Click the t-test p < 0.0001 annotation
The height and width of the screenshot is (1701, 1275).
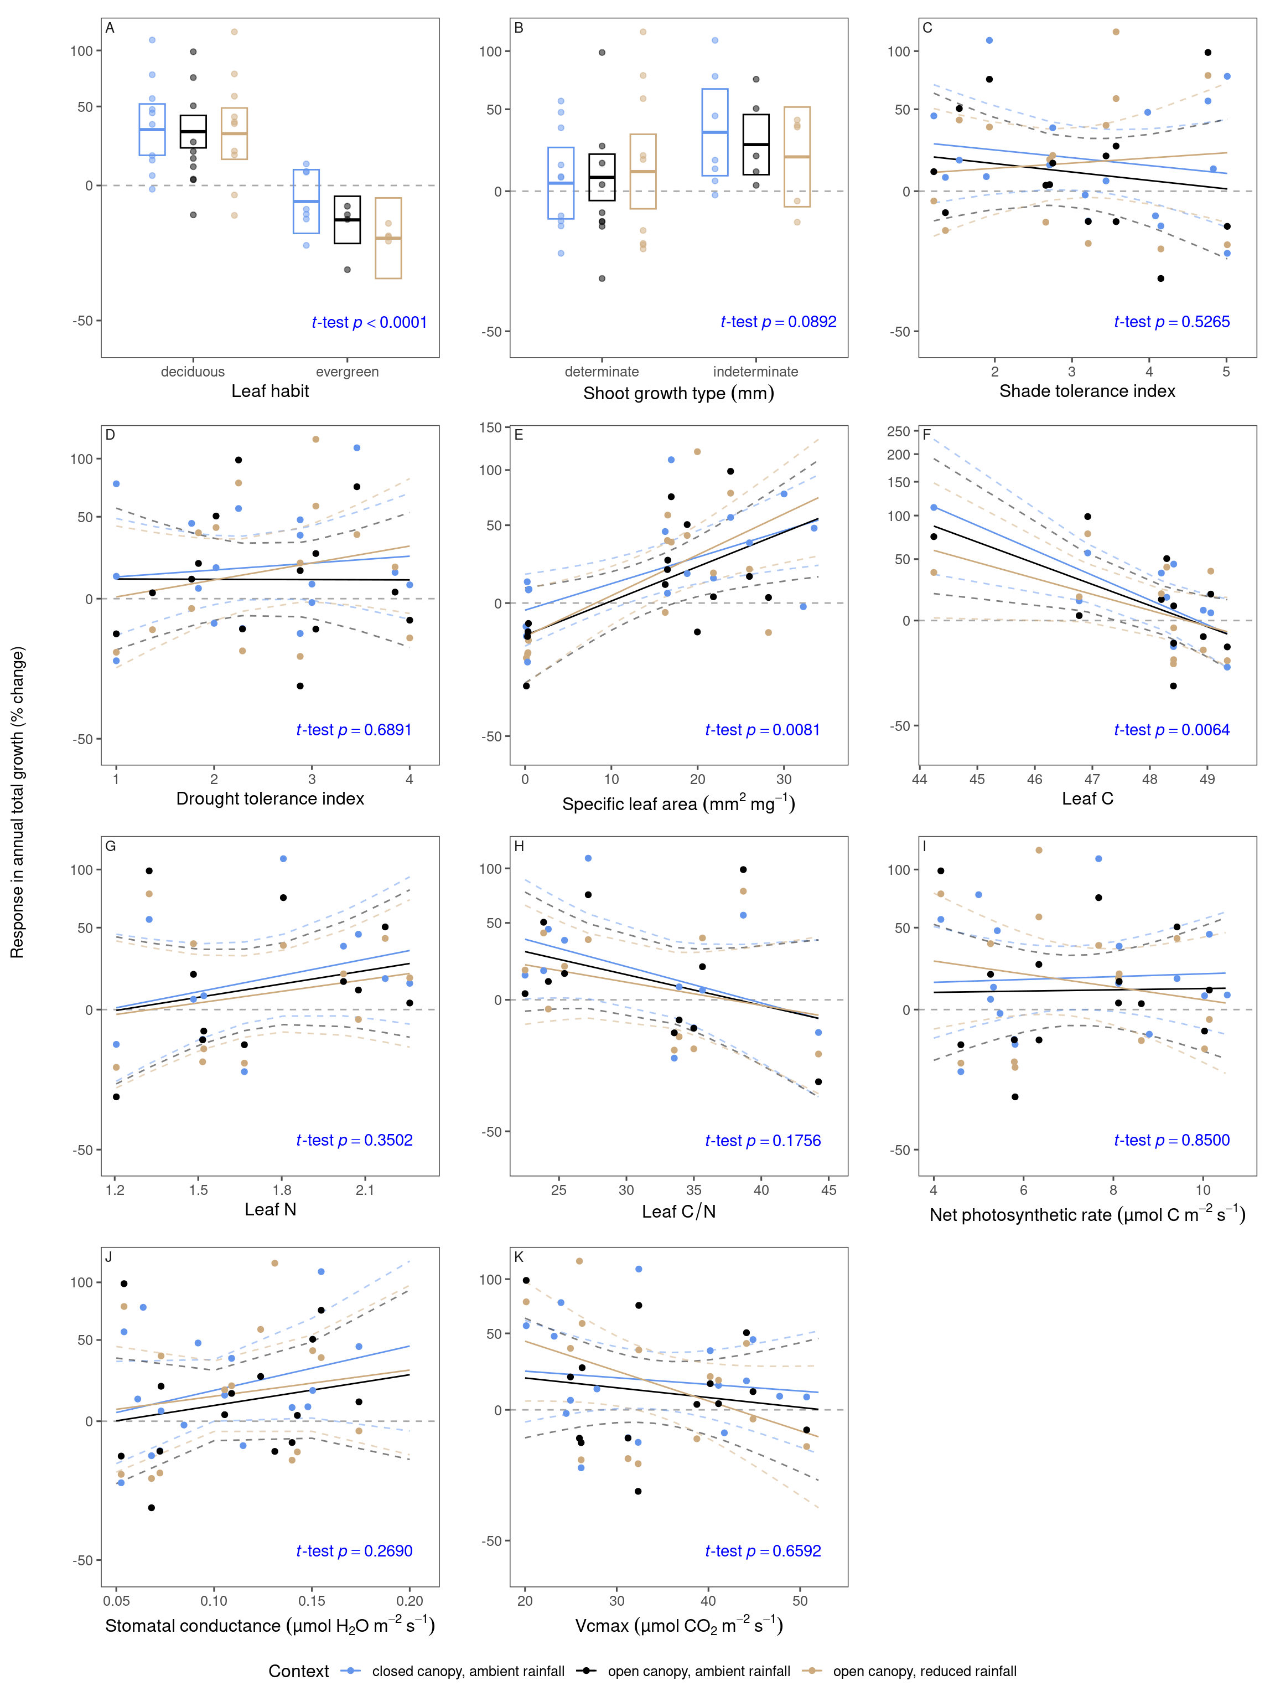(369, 322)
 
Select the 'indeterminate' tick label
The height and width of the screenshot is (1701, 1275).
(755, 372)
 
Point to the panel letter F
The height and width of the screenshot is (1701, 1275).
(926, 435)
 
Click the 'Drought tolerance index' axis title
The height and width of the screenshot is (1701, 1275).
(269, 798)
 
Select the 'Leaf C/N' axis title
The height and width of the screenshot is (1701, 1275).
(678, 1212)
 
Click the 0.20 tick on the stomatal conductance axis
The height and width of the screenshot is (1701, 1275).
(409, 1601)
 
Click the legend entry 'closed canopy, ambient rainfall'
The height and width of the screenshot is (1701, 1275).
(467, 1671)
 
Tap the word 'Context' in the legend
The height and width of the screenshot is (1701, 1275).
(298, 1671)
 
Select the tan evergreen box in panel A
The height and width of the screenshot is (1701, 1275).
(388, 239)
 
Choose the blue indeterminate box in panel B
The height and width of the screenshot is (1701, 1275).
(715, 132)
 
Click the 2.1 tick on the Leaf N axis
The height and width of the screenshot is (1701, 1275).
(365, 1190)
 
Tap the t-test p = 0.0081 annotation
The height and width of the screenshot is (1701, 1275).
(761, 730)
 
